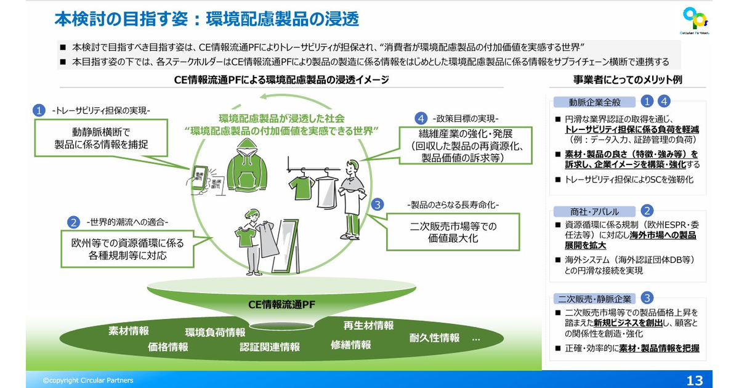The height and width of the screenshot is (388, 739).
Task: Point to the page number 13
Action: point(695,380)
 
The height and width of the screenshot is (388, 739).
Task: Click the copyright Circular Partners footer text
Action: point(88,381)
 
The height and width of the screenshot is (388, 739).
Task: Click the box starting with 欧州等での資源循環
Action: point(123,248)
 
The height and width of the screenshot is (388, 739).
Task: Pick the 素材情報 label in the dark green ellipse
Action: point(129,331)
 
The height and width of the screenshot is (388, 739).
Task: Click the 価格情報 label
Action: point(168,347)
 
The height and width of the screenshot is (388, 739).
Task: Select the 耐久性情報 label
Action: point(434,337)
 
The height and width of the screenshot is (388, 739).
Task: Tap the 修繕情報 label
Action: point(351,344)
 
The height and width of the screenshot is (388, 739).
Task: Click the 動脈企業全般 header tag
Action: point(594,102)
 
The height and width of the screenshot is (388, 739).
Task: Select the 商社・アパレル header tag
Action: point(594,211)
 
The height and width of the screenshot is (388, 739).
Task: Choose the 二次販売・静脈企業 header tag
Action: point(594,299)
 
